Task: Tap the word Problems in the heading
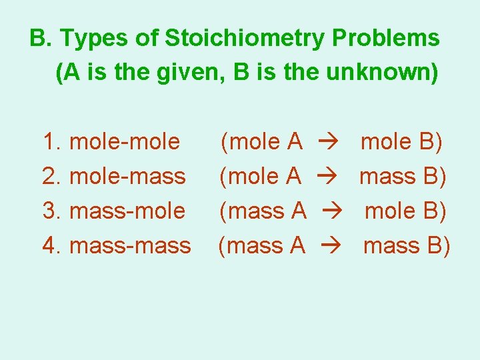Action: tap(386, 39)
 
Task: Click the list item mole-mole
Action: tap(125, 141)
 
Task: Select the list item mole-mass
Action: tap(127, 176)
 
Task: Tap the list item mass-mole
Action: tap(127, 211)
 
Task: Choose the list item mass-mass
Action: tap(130, 245)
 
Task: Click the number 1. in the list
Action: tap(52, 141)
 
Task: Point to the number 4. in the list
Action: tap(52, 245)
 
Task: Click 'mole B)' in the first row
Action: tap(403, 141)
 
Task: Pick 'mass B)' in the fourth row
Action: tap(407, 245)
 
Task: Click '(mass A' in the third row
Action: tap(263, 211)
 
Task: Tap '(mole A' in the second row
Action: tap(261, 176)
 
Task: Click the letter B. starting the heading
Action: tap(41, 39)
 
